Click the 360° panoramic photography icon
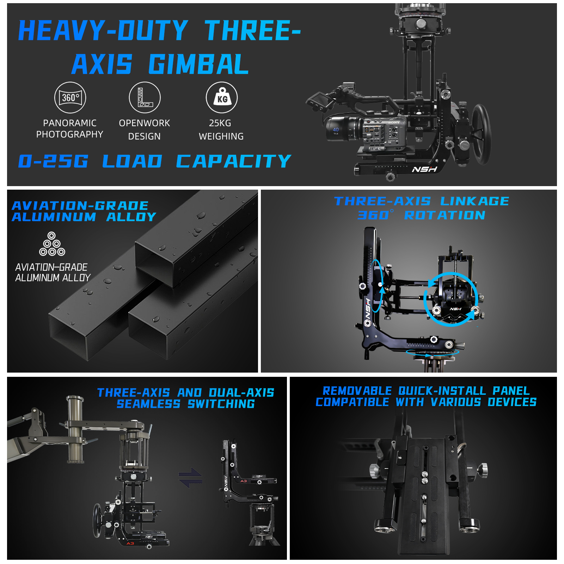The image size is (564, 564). pyautogui.click(x=70, y=98)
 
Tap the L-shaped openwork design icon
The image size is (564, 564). pyautogui.click(x=145, y=98)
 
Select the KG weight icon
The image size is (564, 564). pyautogui.click(x=222, y=98)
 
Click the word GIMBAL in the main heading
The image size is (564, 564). pyautogui.click(x=198, y=65)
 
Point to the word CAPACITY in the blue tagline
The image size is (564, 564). pyautogui.click(x=234, y=161)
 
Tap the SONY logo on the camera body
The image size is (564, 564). pyautogui.click(x=394, y=122)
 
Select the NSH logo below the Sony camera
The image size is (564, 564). pyautogui.click(x=425, y=170)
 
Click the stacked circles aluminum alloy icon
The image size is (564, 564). pyautogui.click(x=52, y=244)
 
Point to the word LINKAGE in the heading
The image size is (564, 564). pyautogui.click(x=474, y=201)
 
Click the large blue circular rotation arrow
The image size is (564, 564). pyautogui.click(x=451, y=299)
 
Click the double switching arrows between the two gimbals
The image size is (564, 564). pyautogui.click(x=190, y=477)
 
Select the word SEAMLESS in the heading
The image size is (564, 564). pyautogui.click(x=148, y=404)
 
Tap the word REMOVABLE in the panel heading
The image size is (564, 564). pyautogui.click(x=357, y=391)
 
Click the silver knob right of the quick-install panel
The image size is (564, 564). pyautogui.click(x=482, y=469)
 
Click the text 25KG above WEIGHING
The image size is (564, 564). pyautogui.click(x=220, y=123)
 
